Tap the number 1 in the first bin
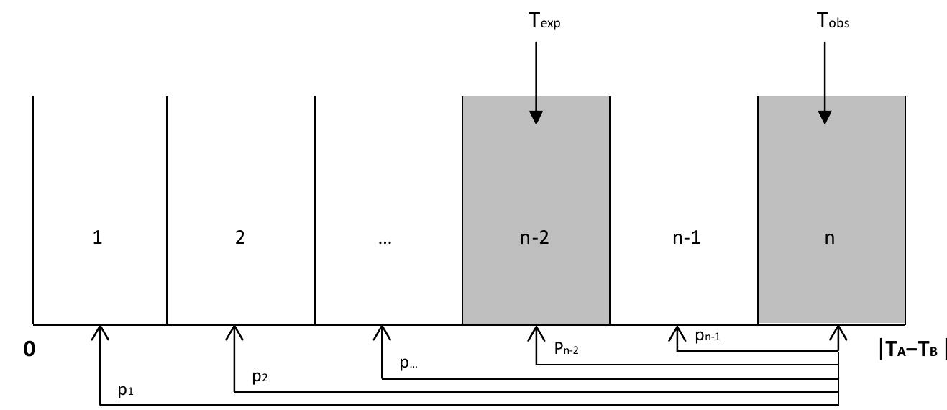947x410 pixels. coord(98,238)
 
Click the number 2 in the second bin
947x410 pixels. coord(239,238)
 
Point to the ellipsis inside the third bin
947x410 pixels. coord(384,241)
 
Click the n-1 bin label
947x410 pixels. coord(686,238)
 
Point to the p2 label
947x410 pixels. coord(260,377)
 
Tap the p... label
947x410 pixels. coord(408,363)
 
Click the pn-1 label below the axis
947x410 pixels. coord(709,335)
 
